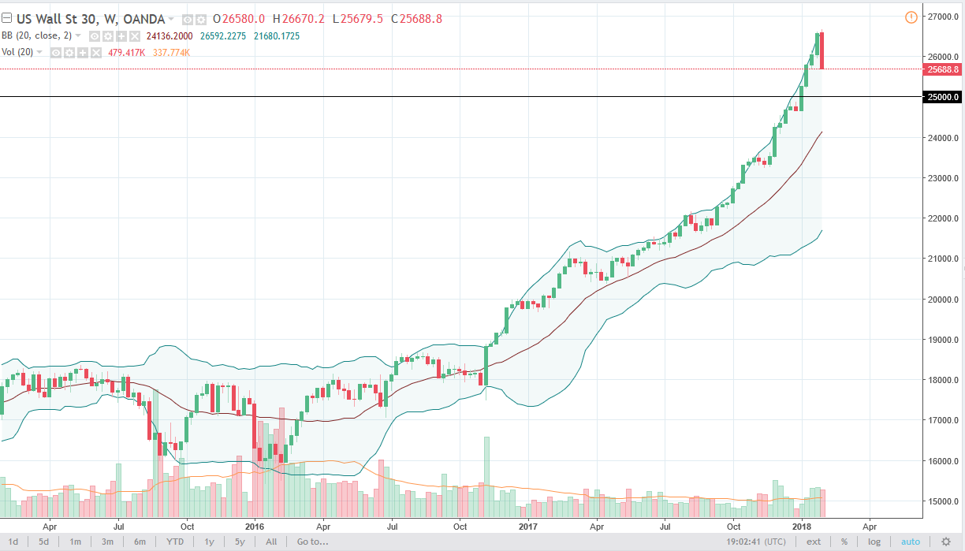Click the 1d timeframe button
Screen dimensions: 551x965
[14, 542]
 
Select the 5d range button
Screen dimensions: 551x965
[44, 542]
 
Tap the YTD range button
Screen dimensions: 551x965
[175, 542]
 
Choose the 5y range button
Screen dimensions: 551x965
[240, 542]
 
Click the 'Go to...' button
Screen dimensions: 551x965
[312, 542]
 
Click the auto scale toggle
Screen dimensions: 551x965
[910, 542]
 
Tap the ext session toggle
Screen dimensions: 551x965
[814, 542]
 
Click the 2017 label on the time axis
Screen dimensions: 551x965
[528, 525]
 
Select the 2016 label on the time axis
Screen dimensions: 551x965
[255, 525]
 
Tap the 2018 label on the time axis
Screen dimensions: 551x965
[802, 525]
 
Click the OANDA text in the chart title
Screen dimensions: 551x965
[146, 19]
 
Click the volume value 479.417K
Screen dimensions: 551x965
[139, 52]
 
